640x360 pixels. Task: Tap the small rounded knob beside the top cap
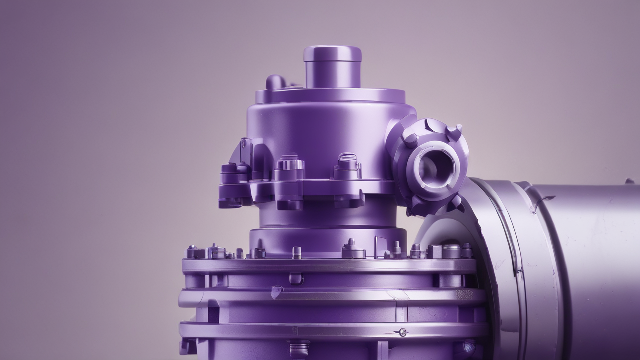pos(275,82)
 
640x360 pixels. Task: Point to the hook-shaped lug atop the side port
pos(454,131)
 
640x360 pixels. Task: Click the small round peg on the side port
pos(410,140)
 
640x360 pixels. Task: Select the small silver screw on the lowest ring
pos(402,332)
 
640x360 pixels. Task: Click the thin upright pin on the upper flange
pos(297,252)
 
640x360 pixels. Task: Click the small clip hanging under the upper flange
pos(296,279)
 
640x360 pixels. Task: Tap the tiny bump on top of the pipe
pos(629,181)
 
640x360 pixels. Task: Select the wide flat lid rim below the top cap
pos(330,96)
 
